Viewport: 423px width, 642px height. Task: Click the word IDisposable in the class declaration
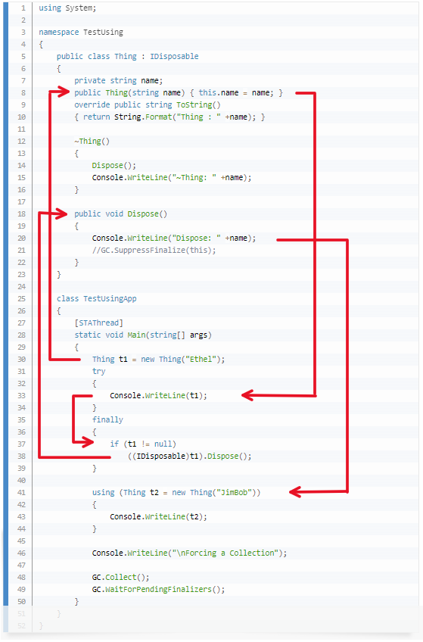(175, 56)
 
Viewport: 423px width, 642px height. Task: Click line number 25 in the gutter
(22, 298)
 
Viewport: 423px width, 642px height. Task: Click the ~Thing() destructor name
(92, 141)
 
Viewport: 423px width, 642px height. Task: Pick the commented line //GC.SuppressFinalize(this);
(154, 250)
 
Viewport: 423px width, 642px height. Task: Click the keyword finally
(107, 419)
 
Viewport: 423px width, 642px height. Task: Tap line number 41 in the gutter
(22, 492)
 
